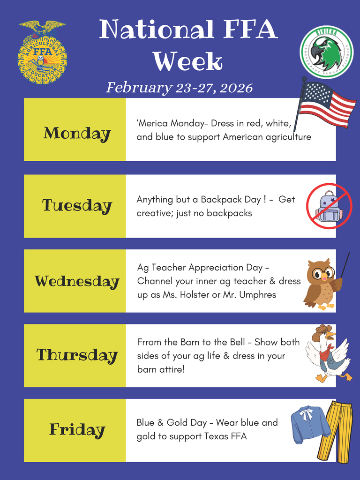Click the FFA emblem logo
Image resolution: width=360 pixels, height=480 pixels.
[42, 52]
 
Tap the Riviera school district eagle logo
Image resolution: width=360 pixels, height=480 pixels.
[327, 52]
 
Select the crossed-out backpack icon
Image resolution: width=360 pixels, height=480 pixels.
[329, 206]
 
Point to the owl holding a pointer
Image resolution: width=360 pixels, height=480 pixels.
[322, 283]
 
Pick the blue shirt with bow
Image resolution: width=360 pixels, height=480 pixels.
[310, 424]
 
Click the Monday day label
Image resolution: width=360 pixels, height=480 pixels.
[77, 134]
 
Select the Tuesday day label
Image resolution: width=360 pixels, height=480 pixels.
[77, 206]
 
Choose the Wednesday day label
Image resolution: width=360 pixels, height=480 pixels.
[77, 281]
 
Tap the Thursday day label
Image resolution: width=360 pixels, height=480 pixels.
[77, 355]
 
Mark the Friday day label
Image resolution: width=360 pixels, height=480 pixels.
[77, 429]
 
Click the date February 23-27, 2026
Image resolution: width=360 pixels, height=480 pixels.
[179, 88]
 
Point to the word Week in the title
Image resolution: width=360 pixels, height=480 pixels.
[187, 61]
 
